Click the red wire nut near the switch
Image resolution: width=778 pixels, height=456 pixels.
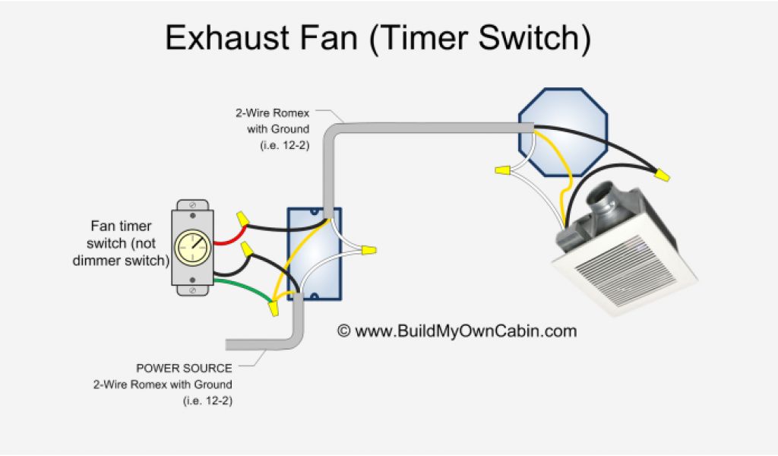tap(248, 249)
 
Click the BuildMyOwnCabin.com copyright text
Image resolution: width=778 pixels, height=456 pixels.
tap(457, 331)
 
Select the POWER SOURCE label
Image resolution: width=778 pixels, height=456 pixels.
tap(184, 369)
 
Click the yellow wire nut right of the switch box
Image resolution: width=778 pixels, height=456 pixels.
tap(369, 249)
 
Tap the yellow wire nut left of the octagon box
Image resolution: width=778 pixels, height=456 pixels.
tap(501, 170)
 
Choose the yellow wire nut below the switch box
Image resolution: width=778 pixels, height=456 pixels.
tap(274, 309)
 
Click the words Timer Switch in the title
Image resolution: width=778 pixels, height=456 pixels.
tap(481, 38)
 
